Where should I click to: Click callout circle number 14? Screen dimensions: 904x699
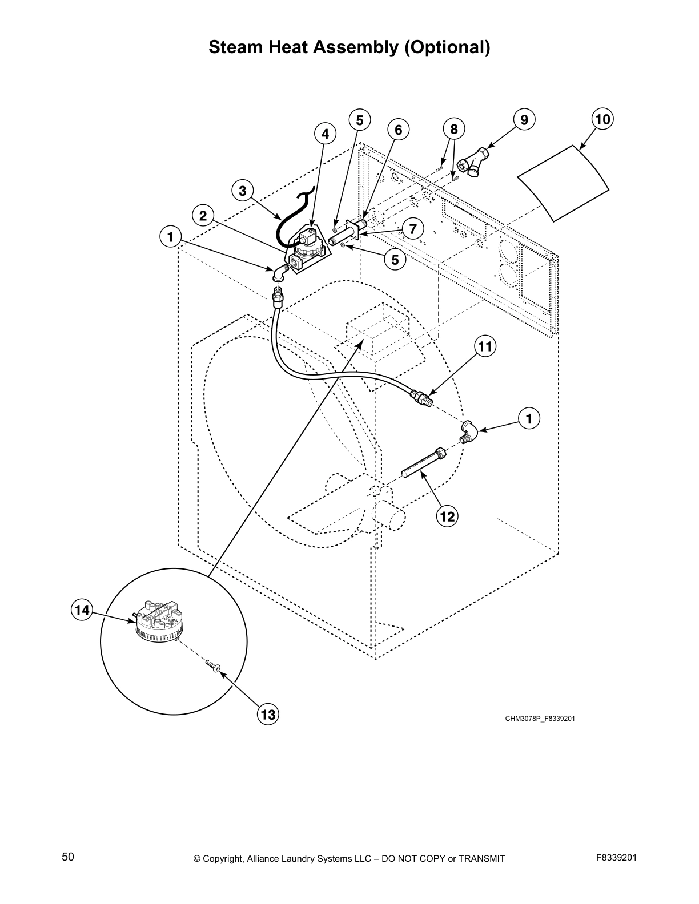click(x=82, y=610)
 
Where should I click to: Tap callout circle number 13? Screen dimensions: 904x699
click(x=268, y=714)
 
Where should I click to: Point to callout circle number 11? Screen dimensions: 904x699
click(x=485, y=346)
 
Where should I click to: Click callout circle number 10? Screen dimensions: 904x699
click(x=602, y=119)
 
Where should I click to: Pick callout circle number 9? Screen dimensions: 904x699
click(x=524, y=119)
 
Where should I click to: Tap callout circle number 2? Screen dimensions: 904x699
click(x=203, y=215)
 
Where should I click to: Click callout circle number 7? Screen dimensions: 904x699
click(x=413, y=228)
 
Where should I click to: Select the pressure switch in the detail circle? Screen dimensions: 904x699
click(x=157, y=625)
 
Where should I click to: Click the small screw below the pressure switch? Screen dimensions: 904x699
click(x=214, y=666)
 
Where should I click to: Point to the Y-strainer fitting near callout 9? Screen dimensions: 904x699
click(x=476, y=161)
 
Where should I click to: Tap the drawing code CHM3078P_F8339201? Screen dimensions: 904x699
click(x=540, y=718)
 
